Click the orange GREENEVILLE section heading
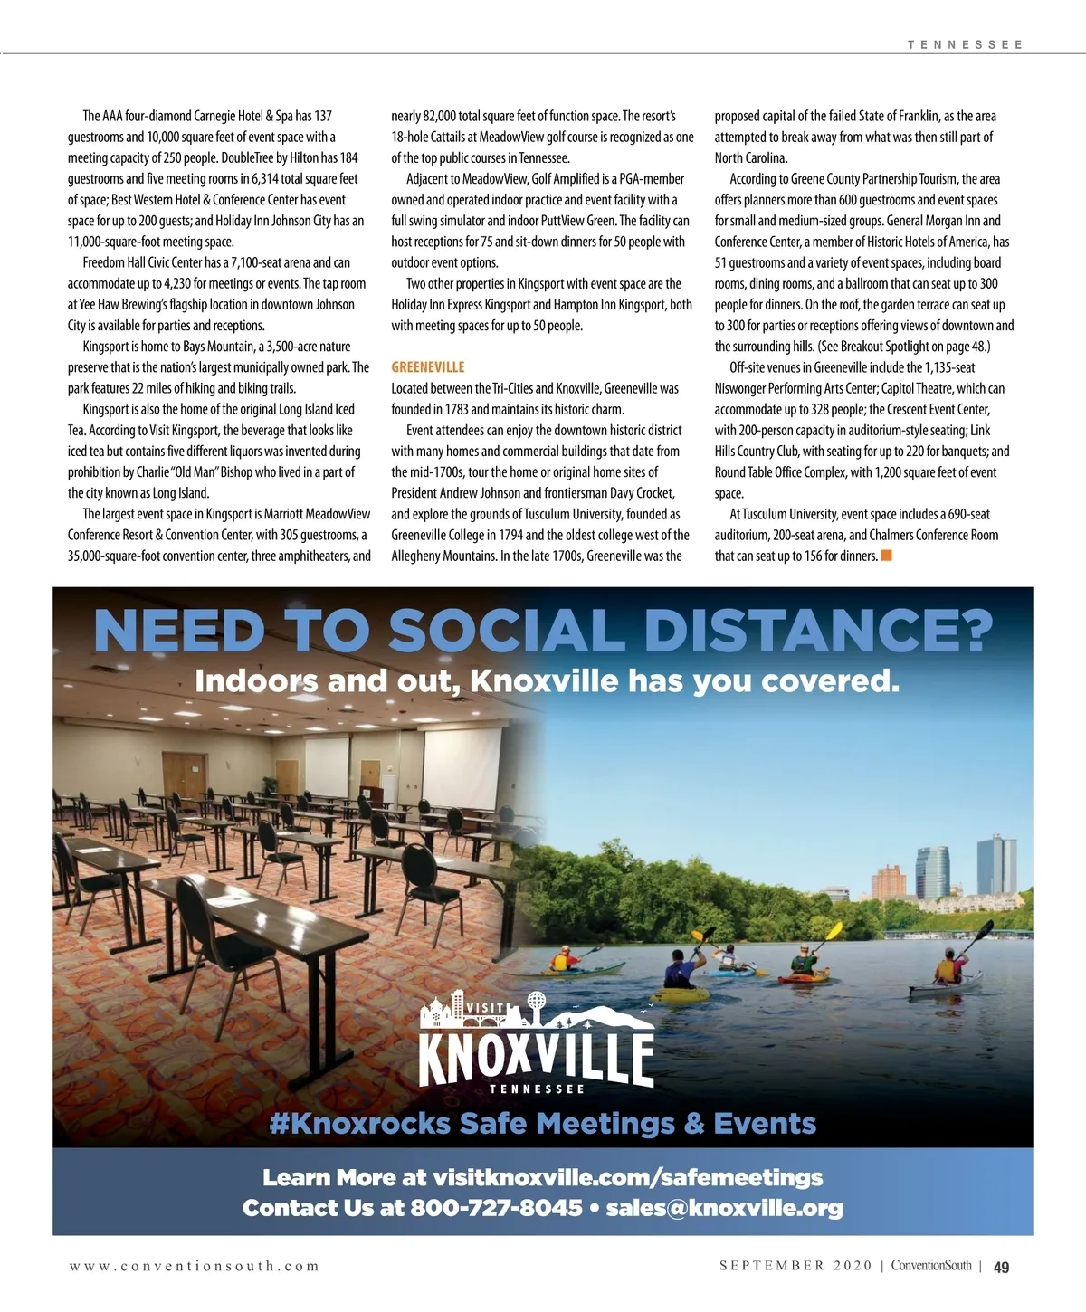coord(427,367)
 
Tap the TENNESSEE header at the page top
coord(965,44)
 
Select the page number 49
coord(1001,1268)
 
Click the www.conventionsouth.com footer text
coord(195,1267)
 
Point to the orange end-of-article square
coord(887,556)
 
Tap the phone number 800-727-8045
coord(496,1208)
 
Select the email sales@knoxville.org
coord(724,1208)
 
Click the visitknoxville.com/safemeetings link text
coord(628,1177)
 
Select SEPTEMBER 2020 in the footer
coord(796,1267)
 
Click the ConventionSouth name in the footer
coord(930,1267)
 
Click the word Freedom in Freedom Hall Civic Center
coord(104,262)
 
